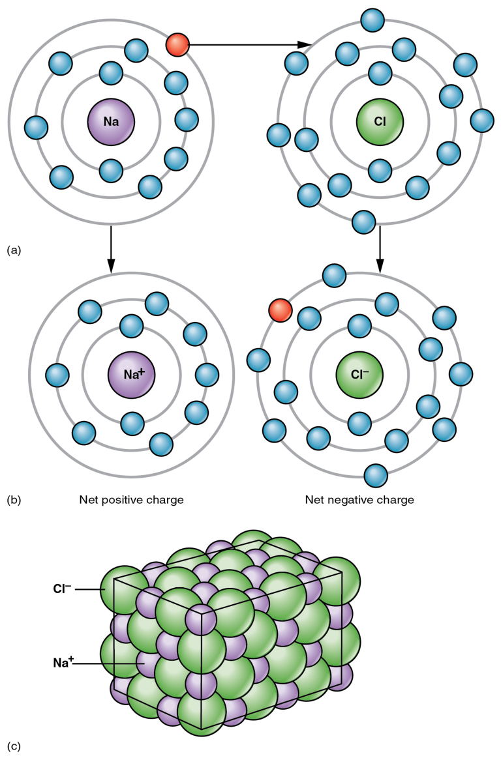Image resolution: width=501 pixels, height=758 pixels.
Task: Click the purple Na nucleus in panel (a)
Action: pos(111,121)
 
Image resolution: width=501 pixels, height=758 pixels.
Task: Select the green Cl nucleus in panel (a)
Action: pos(380,121)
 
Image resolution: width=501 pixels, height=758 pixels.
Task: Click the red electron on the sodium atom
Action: pos(177,45)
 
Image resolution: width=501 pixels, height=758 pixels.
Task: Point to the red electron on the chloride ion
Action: pos(280,310)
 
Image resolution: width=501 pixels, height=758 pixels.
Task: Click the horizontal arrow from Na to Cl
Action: pos(248,45)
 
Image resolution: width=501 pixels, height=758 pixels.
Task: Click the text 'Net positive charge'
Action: pos(131,500)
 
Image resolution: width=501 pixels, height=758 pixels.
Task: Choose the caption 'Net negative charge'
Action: pos(359,500)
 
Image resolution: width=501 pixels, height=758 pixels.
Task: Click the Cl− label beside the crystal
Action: pos(62,589)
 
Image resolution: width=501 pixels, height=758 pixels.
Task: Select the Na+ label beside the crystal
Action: pos(63,663)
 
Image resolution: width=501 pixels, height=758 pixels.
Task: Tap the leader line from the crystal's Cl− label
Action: pos(90,589)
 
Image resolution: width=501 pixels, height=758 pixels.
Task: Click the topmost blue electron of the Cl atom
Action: pos(372,19)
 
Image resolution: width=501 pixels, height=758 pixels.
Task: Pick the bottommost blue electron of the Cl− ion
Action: pos(376,475)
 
